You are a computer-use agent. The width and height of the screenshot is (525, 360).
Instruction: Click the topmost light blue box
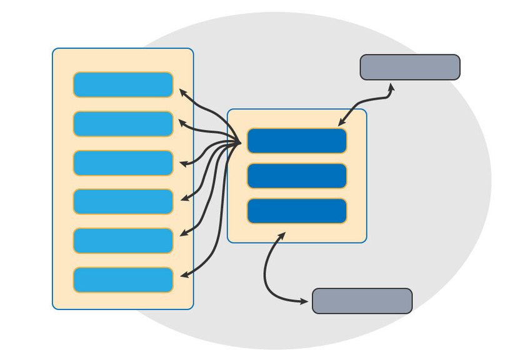tap(123, 85)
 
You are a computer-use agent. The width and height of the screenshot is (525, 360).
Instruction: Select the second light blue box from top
tap(123, 124)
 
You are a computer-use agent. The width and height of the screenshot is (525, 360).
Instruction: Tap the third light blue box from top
tap(123, 163)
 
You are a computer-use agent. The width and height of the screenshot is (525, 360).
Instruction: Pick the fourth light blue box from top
tap(123, 201)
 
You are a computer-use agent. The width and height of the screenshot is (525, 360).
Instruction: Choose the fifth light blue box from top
tap(123, 241)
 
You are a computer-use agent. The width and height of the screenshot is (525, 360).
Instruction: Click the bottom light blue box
tap(123, 280)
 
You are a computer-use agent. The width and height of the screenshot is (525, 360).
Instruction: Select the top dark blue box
tap(297, 141)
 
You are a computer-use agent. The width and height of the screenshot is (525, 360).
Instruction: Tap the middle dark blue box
tap(297, 176)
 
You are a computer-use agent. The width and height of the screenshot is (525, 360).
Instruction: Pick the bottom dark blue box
tap(297, 211)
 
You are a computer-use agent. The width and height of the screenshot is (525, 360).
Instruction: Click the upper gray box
tap(410, 67)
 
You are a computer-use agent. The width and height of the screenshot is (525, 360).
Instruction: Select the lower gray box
tap(362, 301)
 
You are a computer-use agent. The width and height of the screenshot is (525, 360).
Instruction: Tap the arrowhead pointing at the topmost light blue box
tap(182, 92)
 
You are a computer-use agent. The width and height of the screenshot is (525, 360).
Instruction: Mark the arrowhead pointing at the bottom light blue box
tap(183, 275)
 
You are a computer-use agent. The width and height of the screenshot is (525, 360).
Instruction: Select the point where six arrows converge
tap(241, 143)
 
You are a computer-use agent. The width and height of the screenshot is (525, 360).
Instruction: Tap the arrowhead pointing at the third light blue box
tap(184, 164)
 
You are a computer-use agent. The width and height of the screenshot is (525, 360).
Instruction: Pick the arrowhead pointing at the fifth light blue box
tap(184, 234)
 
